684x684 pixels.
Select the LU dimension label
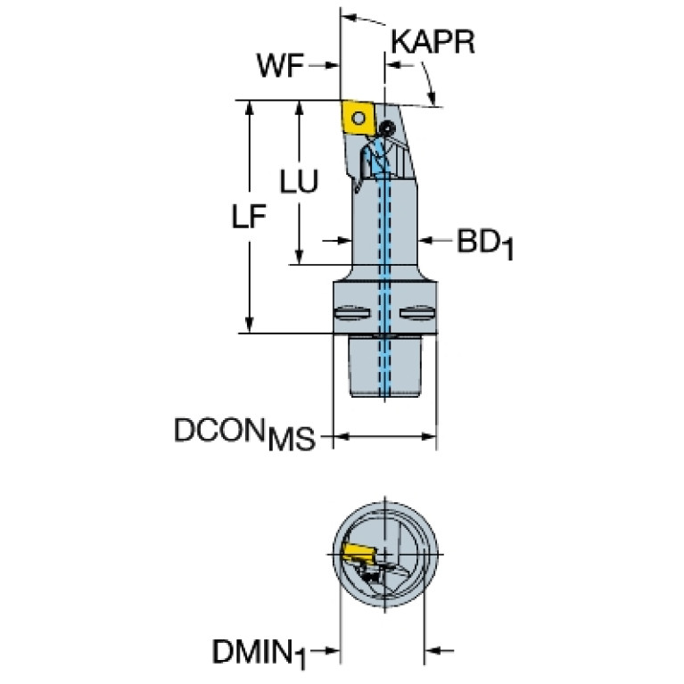click(298, 181)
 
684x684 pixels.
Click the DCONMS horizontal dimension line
click(384, 437)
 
